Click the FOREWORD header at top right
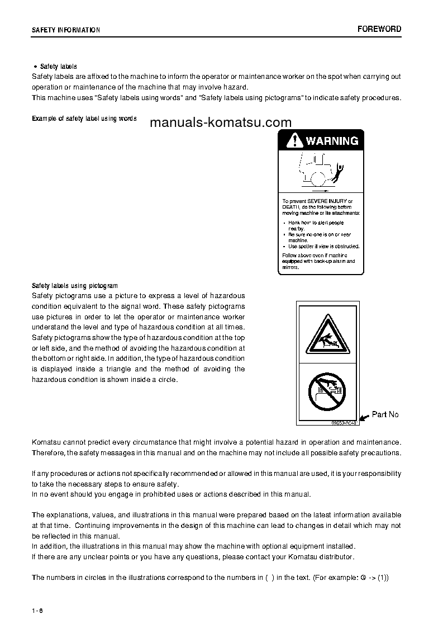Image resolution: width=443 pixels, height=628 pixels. click(x=379, y=29)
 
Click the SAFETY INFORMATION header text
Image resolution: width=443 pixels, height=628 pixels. click(x=66, y=30)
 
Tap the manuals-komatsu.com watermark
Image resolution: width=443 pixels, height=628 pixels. click(x=221, y=122)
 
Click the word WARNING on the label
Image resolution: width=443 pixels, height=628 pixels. click(x=332, y=141)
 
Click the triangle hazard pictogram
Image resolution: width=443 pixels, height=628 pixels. click(x=328, y=333)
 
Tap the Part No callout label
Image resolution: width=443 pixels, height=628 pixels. click(x=385, y=414)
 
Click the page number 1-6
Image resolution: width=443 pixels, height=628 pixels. click(x=37, y=610)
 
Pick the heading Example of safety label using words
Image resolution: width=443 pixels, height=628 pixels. click(x=84, y=119)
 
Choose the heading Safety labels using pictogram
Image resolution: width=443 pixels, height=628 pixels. click(x=75, y=285)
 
